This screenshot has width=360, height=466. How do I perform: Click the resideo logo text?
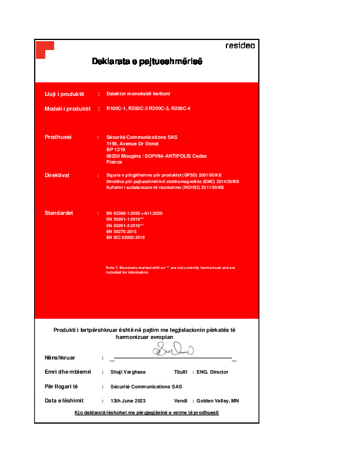click(x=240, y=46)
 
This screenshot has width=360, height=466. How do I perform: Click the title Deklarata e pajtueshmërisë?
click(x=147, y=61)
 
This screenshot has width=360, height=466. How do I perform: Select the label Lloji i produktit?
click(x=65, y=94)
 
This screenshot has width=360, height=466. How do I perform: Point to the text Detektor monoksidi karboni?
click(x=138, y=94)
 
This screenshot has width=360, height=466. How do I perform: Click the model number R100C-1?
click(x=116, y=109)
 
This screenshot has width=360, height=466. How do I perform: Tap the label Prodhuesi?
click(x=58, y=137)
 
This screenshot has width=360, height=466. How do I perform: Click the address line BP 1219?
click(x=116, y=149)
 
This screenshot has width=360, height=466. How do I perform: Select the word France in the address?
click(x=114, y=161)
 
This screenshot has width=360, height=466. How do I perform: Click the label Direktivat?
click(x=58, y=175)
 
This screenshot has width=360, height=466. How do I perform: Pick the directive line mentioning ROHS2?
click(x=165, y=187)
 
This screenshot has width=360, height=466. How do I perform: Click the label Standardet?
click(x=59, y=212)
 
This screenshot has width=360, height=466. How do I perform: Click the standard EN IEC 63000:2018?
click(x=125, y=237)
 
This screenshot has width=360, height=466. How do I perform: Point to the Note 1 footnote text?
click(x=170, y=269)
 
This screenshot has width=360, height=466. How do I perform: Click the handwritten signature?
click(x=173, y=351)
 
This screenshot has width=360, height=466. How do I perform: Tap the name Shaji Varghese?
click(x=128, y=372)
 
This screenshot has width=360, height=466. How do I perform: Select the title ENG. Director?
click(x=212, y=372)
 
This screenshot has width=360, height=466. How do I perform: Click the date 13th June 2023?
click(x=128, y=401)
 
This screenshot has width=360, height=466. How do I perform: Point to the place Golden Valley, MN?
click(x=218, y=401)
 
